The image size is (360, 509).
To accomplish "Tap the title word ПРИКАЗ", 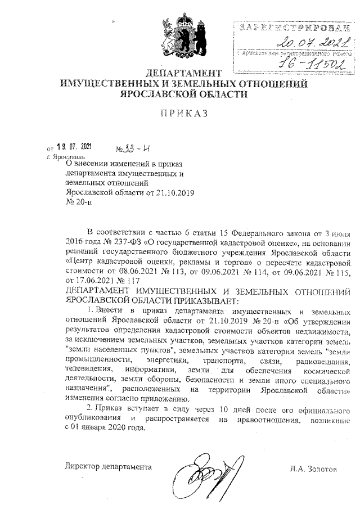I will [184, 113].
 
